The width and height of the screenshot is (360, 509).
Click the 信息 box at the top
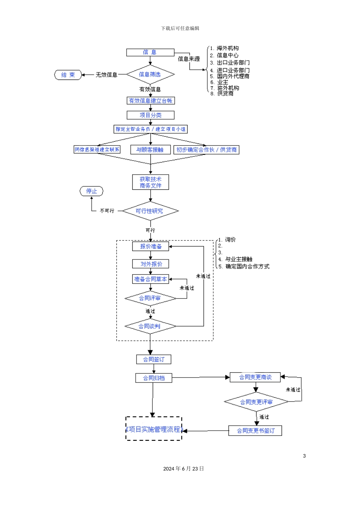point(150,52)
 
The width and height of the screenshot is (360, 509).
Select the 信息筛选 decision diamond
point(150,75)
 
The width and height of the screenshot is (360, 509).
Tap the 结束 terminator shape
point(68,75)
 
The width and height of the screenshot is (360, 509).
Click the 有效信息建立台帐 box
point(150,101)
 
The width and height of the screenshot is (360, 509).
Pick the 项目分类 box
point(150,115)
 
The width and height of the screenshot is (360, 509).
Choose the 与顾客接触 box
point(150,150)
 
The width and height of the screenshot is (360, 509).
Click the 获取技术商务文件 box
point(150,182)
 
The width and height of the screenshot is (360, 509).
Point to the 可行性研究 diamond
point(150,211)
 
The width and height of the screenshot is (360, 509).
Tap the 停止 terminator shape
point(91,191)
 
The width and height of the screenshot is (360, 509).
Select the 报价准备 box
point(150,247)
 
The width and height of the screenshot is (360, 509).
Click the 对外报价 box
point(150,264)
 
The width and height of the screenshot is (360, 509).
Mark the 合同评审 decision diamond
point(150,298)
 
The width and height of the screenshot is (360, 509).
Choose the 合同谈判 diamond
point(150,326)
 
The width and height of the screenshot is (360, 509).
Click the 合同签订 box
point(153,359)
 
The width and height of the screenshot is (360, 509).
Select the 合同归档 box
point(153,378)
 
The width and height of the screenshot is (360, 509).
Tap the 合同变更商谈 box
point(255,377)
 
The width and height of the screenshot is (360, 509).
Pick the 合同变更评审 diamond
point(256,402)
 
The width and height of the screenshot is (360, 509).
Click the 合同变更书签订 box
point(255,431)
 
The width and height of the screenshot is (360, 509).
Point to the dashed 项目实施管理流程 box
point(154,429)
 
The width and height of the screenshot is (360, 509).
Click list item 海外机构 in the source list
point(227,48)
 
